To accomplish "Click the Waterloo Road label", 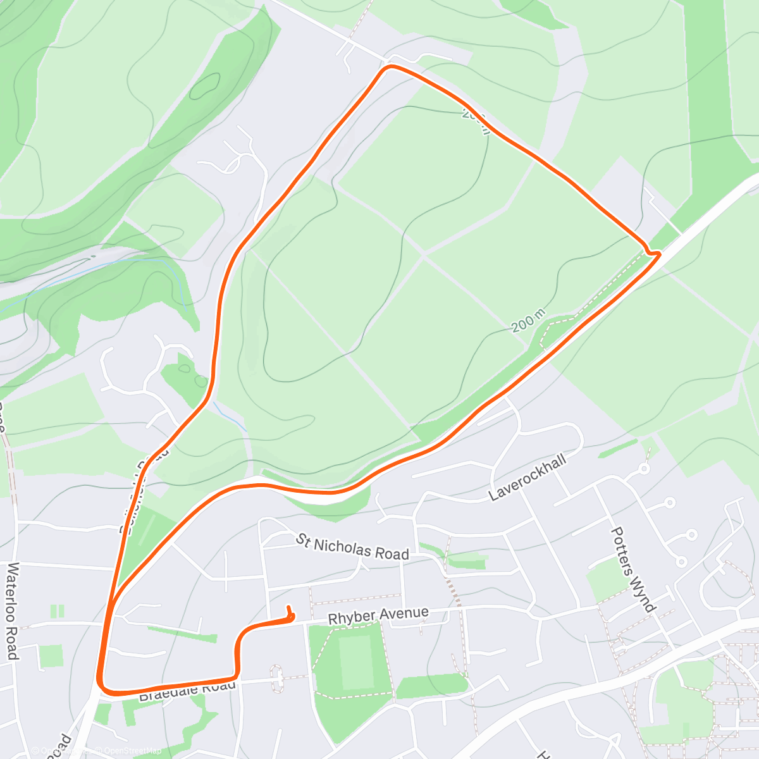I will [x=11, y=611].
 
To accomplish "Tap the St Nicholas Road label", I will [x=353, y=548].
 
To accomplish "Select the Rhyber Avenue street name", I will [x=378, y=616].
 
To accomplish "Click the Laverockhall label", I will [x=528, y=477].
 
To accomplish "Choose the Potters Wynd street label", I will [x=632, y=569].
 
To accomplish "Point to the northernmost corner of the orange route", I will [x=391, y=66].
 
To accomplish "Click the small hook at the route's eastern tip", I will [x=656, y=253].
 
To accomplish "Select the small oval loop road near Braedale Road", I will [x=276, y=678].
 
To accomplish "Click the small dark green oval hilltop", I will [x=204, y=86].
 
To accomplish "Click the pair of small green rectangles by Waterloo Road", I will [x=58, y=612].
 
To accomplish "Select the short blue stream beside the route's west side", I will [x=229, y=416].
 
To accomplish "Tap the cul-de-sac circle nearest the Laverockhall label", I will [x=645, y=469].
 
